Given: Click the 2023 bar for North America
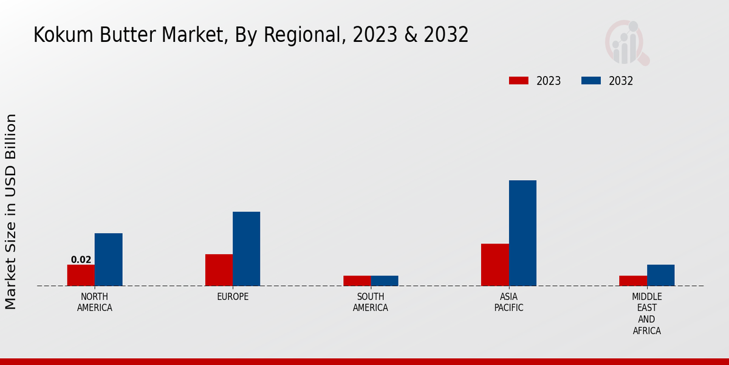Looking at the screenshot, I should coord(81,275).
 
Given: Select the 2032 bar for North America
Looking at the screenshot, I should coord(108,259).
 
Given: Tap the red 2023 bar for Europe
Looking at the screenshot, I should coord(219,269).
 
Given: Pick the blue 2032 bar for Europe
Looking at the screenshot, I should coord(246,248).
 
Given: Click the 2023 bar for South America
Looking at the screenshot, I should coord(357,280).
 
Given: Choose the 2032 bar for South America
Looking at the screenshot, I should coord(385,280).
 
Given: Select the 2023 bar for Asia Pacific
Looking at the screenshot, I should coord(495,265).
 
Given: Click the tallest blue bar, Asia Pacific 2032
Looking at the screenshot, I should coord(522,233).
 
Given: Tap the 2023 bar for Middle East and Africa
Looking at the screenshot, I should coord(632,280).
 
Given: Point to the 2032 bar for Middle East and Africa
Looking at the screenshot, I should coord(660,275).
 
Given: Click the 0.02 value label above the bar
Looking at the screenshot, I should coord(81,260).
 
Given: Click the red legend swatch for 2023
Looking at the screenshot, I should coord(519,81).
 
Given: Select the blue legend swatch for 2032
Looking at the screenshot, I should coord(591,81).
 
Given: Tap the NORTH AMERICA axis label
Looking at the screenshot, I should coord(95,302).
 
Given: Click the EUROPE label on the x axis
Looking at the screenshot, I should coord(233,297).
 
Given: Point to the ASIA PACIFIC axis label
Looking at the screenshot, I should coord(508,302).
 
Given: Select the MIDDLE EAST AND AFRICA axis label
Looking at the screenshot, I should coord(646,314).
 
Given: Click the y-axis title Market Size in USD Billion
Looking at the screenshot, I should coord(12,211).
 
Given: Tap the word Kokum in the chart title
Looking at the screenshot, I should coord(56,35).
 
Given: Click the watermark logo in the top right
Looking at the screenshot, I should coord(627,43).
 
